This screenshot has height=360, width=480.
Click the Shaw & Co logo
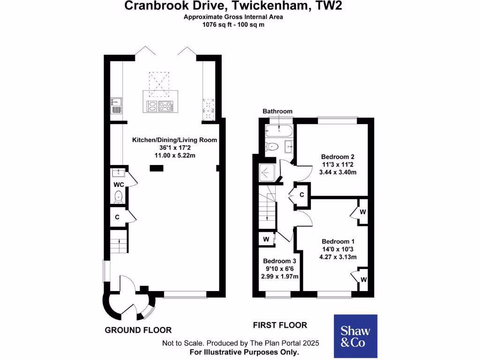tap(355, 337)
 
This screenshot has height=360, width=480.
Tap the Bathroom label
tap(277, 111)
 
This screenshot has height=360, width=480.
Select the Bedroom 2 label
tap(337, 157)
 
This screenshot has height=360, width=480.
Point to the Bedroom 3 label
tap(279, 261)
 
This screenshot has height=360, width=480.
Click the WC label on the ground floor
tap(119, 184)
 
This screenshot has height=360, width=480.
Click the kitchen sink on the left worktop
tap(116, 105)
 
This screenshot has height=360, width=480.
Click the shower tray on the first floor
tap(267, 172)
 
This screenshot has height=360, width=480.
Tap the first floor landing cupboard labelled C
tap(302, 195)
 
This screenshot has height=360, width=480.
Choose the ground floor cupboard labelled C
tap(117, 217)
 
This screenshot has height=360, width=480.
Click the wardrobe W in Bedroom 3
tap(266, 239)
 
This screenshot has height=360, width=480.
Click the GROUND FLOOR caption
tap(138, 330)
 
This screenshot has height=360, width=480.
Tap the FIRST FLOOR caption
tap(280, 325)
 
